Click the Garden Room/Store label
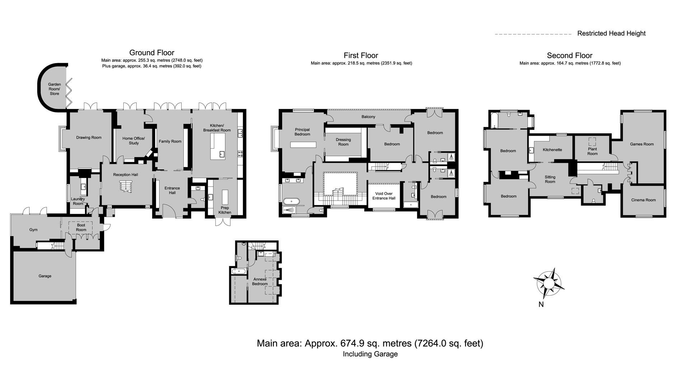(x=55, y=89)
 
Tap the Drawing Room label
(x=89, y=138)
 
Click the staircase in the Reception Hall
(x=126, y=186)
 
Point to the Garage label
(x=45, y=276)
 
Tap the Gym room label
(x=33, y=230)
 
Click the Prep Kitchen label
(x=225, y=210)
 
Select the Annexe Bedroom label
(x=260, y=282)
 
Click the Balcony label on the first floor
(x=368, y=117)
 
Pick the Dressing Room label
(x=343, y=142)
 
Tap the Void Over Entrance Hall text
(x=384, y=196)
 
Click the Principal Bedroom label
(x=302, y=132)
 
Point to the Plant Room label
(x=592, y=151)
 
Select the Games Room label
(x=642, y=144)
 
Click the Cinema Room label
(x=643, y=200)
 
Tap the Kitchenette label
(x=552, y=150)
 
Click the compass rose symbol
(x=549, y=283)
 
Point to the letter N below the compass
(x=541, y=305)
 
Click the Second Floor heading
(x=570, y=56)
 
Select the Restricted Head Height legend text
(x=611, y=33)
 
